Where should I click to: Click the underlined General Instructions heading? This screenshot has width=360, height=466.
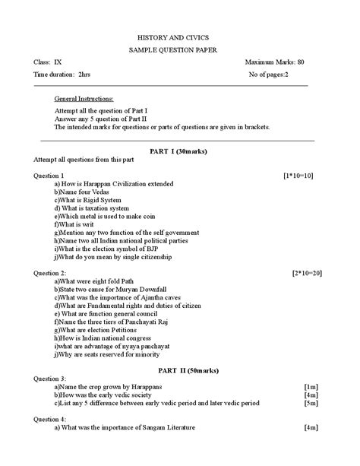point(84,100)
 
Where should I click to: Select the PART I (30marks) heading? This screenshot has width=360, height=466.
point(179,151)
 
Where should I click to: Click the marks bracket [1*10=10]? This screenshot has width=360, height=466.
point(298,175)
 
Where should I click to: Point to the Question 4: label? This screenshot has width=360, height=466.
point(50,418)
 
